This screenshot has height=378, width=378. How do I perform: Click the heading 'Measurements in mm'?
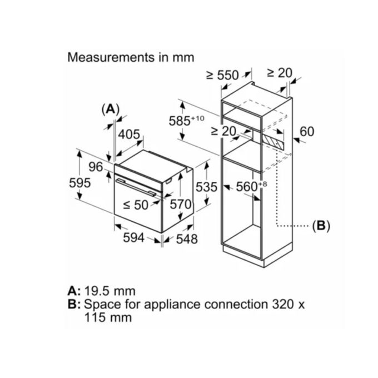[130, 57]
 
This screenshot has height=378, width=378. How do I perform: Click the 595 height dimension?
[79, 183]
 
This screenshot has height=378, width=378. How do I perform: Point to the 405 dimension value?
[129, 135]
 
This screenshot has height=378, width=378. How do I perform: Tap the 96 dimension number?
[96, 166]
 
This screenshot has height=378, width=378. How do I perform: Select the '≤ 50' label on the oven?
[135, 205]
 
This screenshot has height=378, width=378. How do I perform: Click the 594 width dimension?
[133, 238]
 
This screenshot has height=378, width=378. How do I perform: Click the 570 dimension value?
[180, 204]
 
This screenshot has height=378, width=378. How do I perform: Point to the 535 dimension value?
[207, 187]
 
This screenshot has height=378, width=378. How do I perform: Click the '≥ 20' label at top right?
[279, 73]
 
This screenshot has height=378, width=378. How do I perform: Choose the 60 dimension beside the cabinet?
[307, 132]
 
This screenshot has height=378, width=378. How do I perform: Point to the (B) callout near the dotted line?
[321, 226]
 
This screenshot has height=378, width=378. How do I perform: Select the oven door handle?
[136, 188]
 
